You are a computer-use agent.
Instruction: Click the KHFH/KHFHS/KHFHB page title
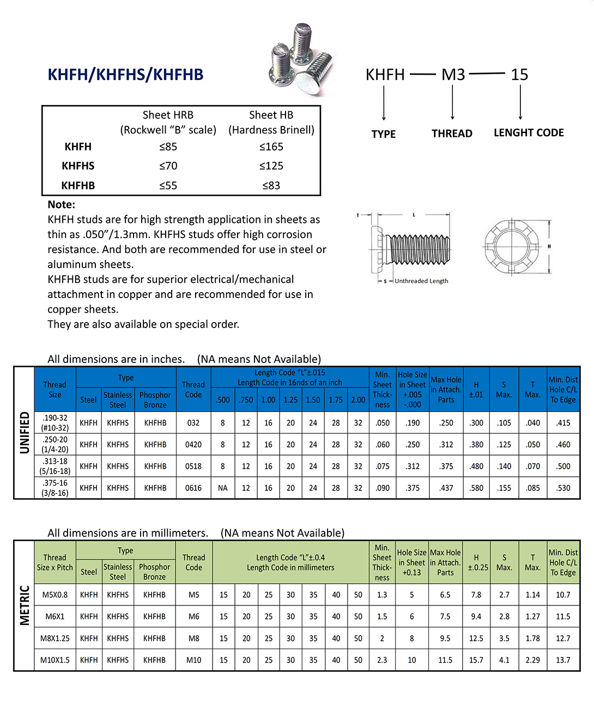point(125,75)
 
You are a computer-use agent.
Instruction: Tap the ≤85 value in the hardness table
point(168,147)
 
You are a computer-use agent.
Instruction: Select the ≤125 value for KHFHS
point(271,166)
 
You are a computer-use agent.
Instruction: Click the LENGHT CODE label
point(529,133)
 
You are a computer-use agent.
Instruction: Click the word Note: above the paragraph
point(62,205)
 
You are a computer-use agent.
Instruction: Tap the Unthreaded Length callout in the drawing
point(421,281)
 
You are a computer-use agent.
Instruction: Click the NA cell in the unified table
point(223,488)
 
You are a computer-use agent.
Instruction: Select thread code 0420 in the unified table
point(193,445)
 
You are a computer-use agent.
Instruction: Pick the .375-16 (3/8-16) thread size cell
point(55,488)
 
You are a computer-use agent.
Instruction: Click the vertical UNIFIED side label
point(25,433)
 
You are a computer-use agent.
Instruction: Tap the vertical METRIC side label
point(25,605)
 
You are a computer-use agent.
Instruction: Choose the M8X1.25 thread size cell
point(55,638)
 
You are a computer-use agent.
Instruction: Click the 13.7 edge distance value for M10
point(563,660)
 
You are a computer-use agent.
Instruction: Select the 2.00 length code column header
point(358,400)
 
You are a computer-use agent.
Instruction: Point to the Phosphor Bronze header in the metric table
point(154,572)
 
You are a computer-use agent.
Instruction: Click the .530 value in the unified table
point(563,488)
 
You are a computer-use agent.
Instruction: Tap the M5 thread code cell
point(194,595)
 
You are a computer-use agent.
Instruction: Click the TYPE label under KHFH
point(384,134)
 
